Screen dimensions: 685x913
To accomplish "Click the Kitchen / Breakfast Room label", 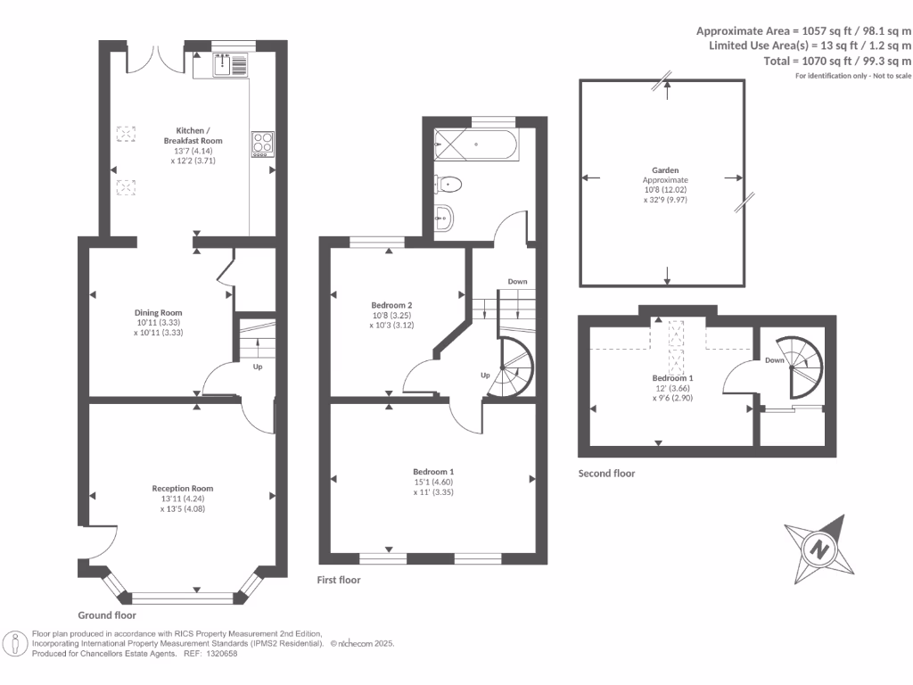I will [193, 136].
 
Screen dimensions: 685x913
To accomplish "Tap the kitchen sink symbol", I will [230, 63].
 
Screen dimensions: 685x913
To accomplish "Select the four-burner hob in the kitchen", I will [262, 144].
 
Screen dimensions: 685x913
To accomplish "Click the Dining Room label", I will [158, 313].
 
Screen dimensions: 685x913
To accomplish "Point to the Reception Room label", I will [182, 489].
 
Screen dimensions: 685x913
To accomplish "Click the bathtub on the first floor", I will [475, 144].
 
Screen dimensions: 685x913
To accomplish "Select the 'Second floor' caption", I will [606, 474].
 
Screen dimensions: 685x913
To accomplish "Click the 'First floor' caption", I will [339, 580].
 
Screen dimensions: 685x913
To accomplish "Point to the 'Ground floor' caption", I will [107, 615].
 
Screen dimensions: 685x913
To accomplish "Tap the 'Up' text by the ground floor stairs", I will [259, 367].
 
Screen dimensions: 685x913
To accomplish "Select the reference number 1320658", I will [220, 654].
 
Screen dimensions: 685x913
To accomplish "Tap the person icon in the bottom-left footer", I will [15, 643].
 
